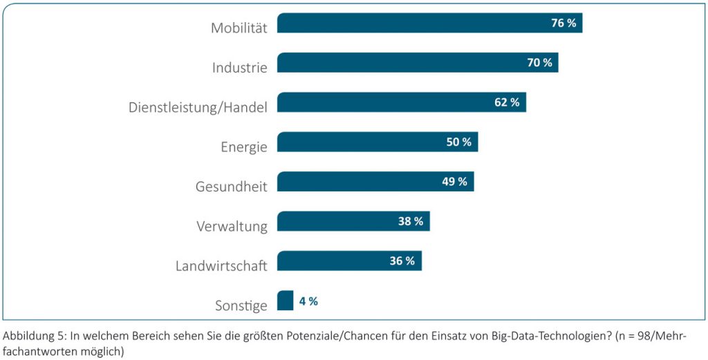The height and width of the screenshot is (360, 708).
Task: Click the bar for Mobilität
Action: pyautogui.click(x=415, y=23)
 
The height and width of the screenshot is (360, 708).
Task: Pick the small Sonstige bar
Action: pyautogui.click(x=285, y=301)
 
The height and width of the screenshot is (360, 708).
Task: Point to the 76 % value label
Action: pyautogui.click(x=563, y=23)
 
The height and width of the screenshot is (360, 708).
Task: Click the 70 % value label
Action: pyautogui.click(x=539, y=63)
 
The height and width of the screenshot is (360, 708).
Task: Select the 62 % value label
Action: pyautogui.click(x=507, y=102)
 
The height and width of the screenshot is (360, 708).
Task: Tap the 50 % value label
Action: pyautogui.click(x=458, y=142)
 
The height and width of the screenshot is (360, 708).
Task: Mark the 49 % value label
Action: pyautogui.click(x=454, y=182)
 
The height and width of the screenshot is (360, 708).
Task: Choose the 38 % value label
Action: pyautogui.click(x=410, y=221)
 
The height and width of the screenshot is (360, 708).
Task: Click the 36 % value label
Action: pyautogui.click(x=402, y=261)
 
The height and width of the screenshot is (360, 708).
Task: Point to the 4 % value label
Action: pyautogui.click(x=308, y=301)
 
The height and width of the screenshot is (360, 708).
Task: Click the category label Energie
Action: pyautogui.click(x=243, y=147)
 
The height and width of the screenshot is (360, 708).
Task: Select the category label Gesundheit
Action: pyautogui.click(x=232, y=187)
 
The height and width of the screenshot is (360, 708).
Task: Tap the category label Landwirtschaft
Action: pyautogui.click(x=221, y=266)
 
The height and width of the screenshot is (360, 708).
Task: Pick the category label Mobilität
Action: pyautogui.click(x=239, y=28)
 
